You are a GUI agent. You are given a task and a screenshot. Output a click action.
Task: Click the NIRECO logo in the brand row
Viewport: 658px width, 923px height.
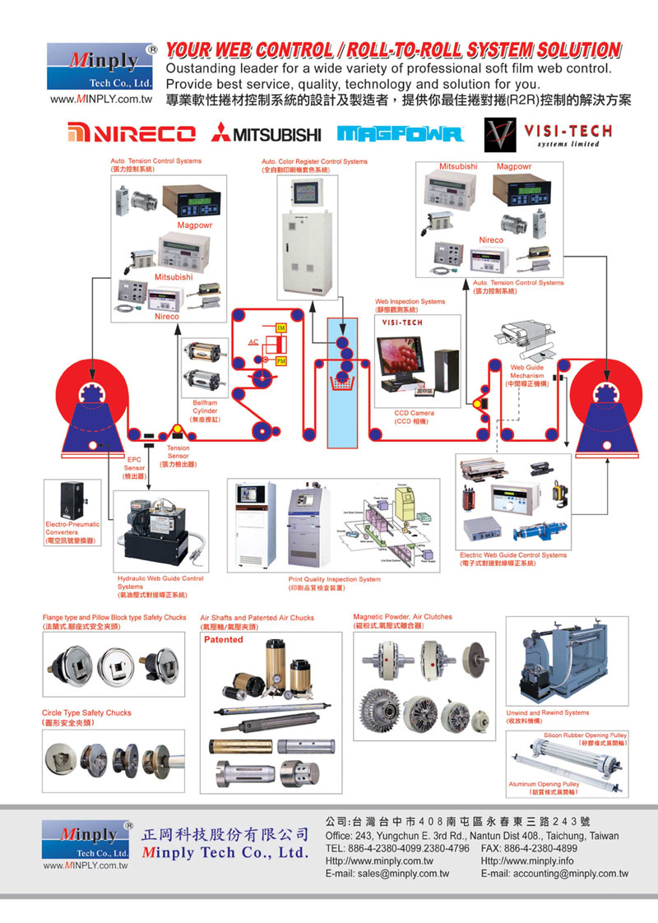tap(132, 133)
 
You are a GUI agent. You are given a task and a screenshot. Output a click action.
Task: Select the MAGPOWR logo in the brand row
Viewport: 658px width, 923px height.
tap(401, 133)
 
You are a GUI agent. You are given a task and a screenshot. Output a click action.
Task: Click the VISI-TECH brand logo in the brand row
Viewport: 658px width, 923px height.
tap(543, 132)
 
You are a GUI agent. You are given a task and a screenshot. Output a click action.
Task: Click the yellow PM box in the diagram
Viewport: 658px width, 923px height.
tap(280, 360)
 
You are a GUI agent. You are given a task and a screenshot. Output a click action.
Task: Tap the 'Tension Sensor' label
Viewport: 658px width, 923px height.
tap(178, 452)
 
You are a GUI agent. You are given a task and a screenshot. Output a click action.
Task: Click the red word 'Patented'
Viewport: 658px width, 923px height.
tap(224, 639)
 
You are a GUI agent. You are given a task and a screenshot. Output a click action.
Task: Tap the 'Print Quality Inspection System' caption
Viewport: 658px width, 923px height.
tap(334, 579)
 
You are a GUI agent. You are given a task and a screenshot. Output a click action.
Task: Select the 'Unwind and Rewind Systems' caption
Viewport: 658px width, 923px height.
tap(548, 712)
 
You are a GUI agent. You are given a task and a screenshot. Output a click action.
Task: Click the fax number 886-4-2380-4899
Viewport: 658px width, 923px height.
tap(547, 847)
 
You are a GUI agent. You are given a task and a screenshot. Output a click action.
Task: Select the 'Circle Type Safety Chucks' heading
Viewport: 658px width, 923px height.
tap(86, 712)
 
